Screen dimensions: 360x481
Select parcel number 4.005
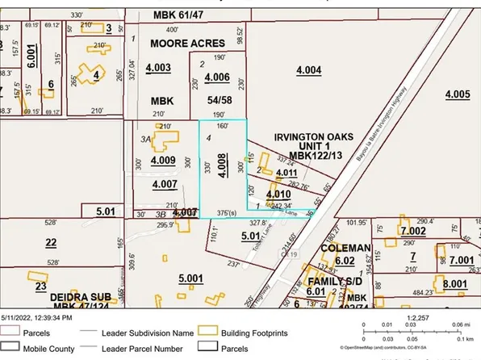pyautogui.click(x=457, y=94)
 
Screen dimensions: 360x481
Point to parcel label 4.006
pyautogui.click(x=217, y=77)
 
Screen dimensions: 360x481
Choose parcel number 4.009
pyautogui.click(x=162, y=161)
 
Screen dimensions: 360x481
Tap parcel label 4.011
pyautogui.click(x=286, y=173)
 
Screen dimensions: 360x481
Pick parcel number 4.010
pyautogui.click(x=277, y=195)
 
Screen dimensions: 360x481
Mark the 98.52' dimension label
pyautogui.click(x=239, y=36)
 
